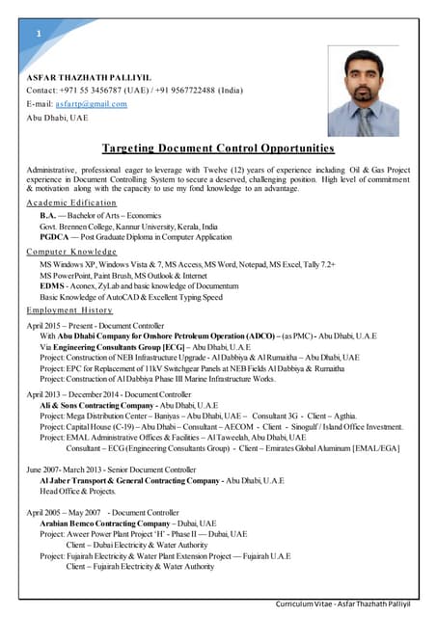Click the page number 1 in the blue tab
click(x=38, y=35)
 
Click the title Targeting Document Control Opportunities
click(x=218, y=148)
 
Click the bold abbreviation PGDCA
click(x=54, y=237)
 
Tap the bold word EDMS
click(x=52, y=286)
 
